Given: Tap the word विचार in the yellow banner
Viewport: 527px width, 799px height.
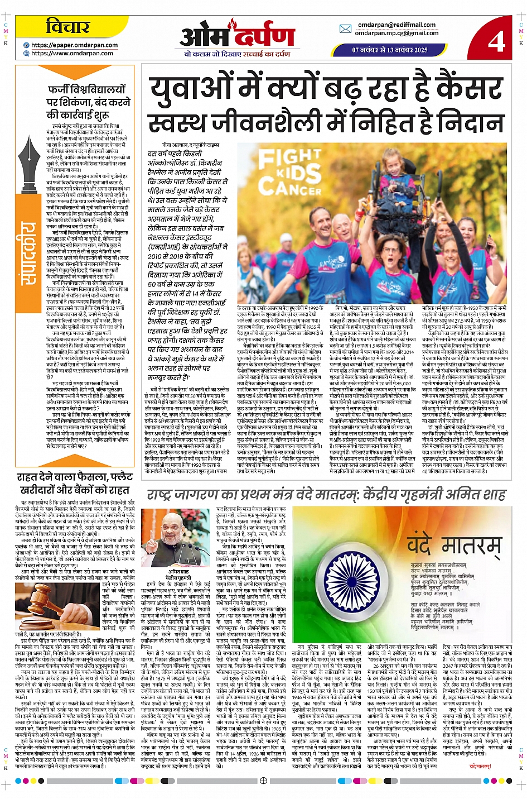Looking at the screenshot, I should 67,27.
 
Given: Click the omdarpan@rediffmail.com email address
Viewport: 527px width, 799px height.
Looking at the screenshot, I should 397,25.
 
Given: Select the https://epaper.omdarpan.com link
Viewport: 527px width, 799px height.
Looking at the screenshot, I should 74,45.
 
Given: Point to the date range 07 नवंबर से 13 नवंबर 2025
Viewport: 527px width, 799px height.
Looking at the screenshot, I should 390,50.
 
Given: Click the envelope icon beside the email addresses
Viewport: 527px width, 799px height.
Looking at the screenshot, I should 345,29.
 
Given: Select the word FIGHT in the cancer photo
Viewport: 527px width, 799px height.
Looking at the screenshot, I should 289,157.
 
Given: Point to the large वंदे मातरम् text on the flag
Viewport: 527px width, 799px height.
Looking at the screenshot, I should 458,544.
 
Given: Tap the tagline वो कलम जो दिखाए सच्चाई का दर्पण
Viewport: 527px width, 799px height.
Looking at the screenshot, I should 237,54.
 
